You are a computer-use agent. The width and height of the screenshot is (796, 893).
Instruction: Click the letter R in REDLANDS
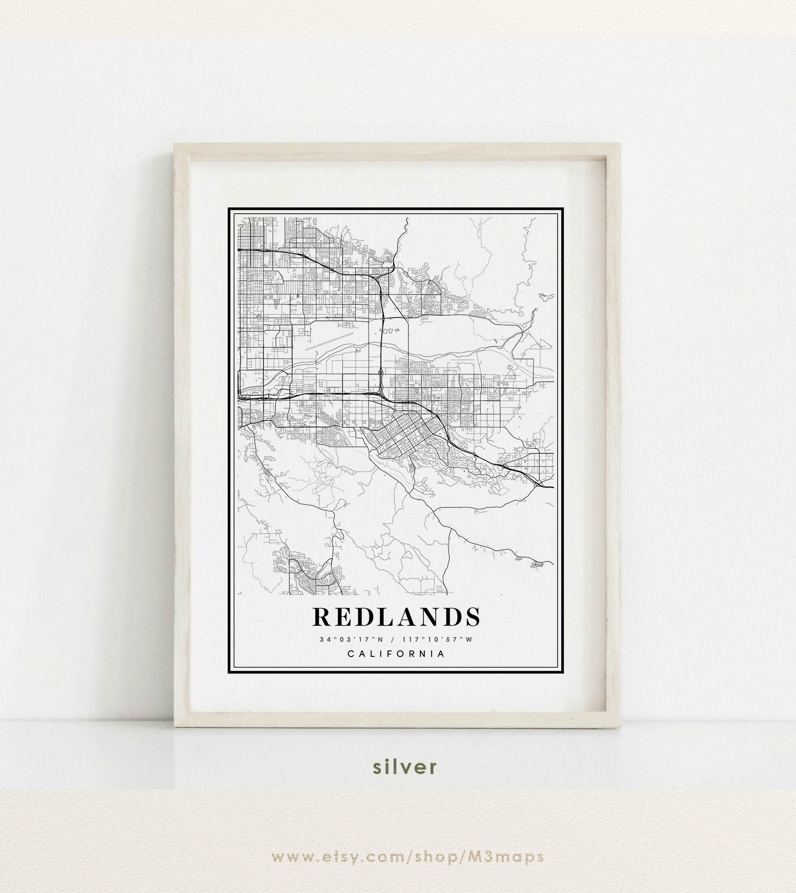coord(322,617)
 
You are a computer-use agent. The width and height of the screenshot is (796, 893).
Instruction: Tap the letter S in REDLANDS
coord(472,617)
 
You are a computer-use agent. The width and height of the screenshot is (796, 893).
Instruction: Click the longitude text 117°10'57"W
coord(437,640)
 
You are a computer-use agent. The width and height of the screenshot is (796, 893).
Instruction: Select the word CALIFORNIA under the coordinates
coord(396,654)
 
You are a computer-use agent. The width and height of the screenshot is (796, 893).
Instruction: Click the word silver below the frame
coord(404,766)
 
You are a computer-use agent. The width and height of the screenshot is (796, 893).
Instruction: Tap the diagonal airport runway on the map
coord(330,341)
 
